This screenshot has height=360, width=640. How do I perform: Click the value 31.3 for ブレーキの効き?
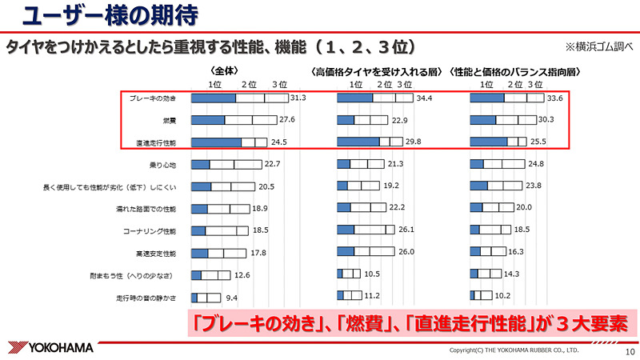coord(298,98)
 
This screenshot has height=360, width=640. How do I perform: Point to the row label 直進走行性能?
coord(157,142)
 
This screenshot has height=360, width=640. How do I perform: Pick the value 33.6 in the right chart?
coord(554,98)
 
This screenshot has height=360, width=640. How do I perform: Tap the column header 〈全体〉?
coord(226,70)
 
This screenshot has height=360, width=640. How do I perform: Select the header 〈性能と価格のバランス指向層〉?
coord(515,71)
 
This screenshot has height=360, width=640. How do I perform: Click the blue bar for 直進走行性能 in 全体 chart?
coord(217,142)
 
